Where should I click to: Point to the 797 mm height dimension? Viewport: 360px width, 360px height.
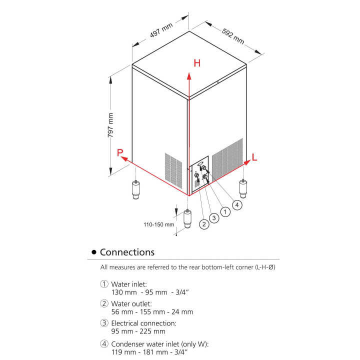[111, 125]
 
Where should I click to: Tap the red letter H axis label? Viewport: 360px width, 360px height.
[197, 63]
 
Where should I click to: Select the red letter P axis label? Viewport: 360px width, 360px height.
[120, 153]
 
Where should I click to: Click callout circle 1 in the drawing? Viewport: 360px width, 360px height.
[225, 212]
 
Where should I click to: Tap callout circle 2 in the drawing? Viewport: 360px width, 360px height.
[203, 224]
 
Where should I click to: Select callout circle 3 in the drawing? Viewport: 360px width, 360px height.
[214, 218]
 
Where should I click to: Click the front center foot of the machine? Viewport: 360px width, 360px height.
[188, 220]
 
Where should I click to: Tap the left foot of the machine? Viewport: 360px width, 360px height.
[135, 190]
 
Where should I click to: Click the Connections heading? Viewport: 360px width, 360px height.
[127, 252]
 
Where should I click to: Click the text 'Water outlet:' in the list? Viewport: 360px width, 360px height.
[131, 303]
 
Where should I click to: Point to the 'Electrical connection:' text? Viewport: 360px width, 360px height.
[144, 323]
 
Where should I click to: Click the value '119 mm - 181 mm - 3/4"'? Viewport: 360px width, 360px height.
[149, 352]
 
